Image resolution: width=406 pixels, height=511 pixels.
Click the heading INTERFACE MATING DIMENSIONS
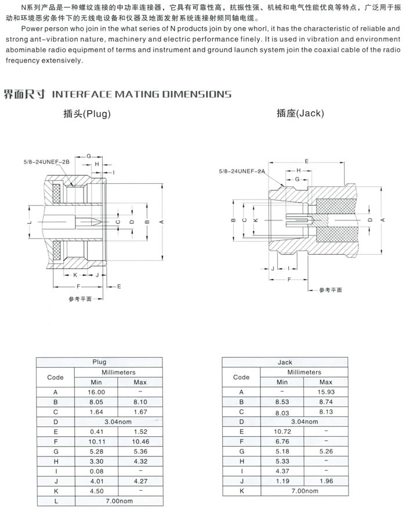click(x=142, y=94)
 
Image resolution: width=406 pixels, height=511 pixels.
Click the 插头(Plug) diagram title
click(x=87, y=114)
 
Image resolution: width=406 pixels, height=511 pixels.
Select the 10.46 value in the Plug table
click(x=140, y=441)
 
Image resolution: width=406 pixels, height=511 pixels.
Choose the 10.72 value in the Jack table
click(x=282, y=432)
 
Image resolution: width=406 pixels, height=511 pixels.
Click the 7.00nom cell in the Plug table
click(x=118, y=501)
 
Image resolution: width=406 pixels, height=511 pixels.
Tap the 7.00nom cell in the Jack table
click(x=304, y=491)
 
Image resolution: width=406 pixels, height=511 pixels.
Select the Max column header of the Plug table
click(x=140, y=382)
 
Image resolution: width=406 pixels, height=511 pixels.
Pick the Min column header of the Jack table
click(x=282, y=382)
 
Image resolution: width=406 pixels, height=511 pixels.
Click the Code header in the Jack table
click(x=241, y=377)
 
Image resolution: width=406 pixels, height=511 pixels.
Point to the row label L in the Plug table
click(x=55, y=501)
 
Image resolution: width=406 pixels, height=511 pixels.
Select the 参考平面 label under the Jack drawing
click(x=331, y=289)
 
